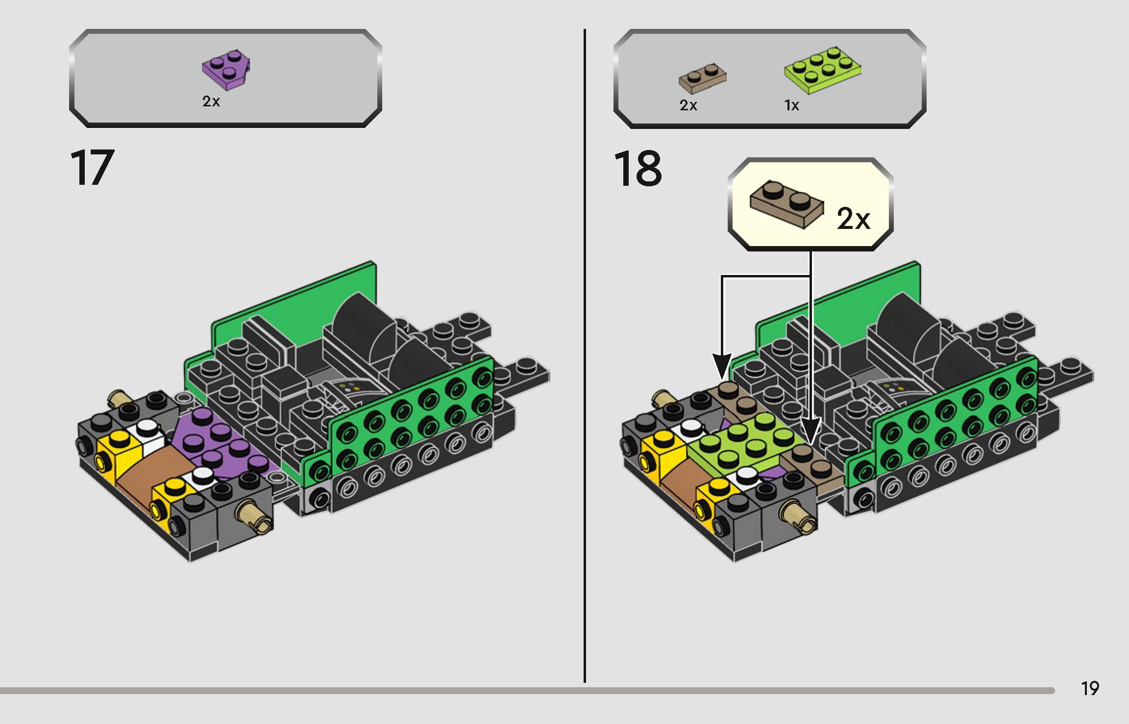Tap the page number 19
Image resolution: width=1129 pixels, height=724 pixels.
pyautogui.click(x=1090, y=688)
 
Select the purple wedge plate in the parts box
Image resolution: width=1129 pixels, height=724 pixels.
pyautogui.click(x=226, y=70)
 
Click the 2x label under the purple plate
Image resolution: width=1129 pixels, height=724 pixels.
pyautogui.click(x=211, y=101)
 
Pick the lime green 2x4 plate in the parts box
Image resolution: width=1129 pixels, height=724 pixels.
pyautogui.click(x=823, y=70)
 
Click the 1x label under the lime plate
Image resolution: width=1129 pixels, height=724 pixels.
pyautogui.click(x=791, y=105)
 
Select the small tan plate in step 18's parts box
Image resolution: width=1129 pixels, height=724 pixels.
pyautogui.click(x=702, y=78)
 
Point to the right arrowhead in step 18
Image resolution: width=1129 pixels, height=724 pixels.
pyautogui.click(x=810, y=431)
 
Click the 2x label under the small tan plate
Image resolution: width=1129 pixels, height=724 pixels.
pyautogui.click(x=688, y=105)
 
